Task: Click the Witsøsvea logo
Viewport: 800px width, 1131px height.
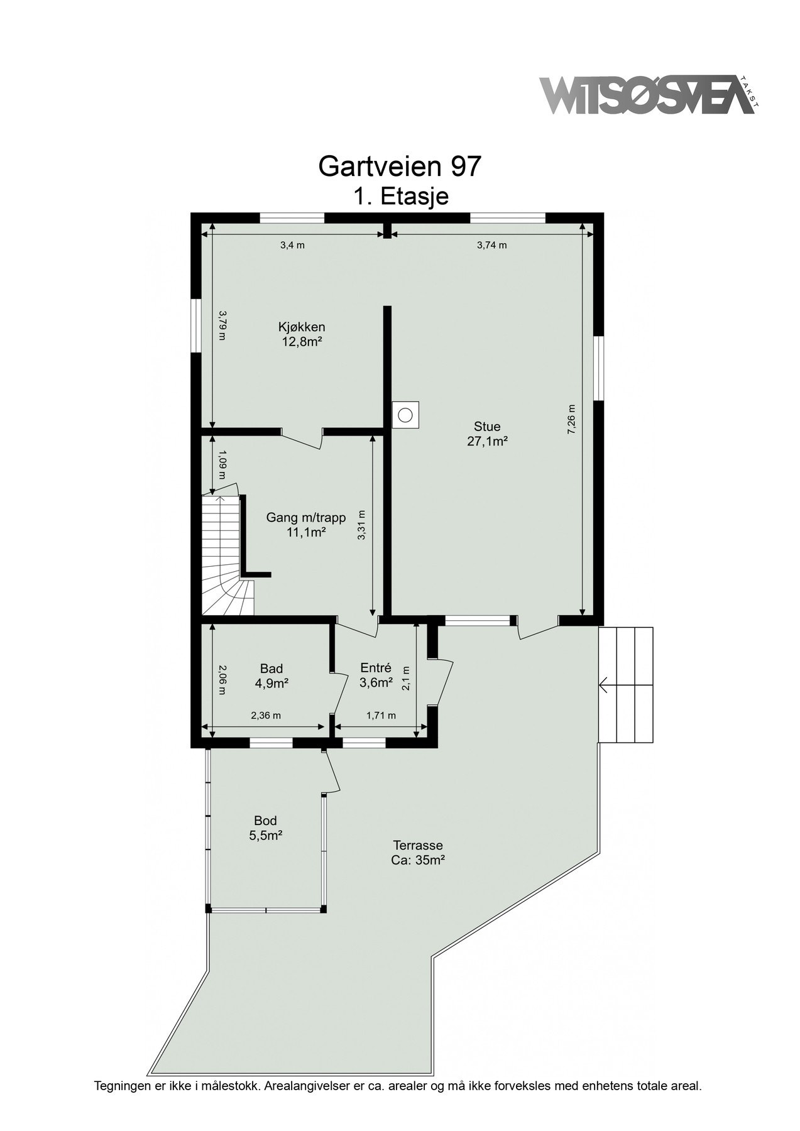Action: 647,96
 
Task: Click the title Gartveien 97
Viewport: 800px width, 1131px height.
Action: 400,166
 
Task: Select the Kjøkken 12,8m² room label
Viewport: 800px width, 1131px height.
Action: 302,334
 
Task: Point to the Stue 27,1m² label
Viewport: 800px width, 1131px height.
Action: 487,434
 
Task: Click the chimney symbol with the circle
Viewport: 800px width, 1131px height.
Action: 405,415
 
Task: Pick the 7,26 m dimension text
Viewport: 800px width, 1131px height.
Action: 571,419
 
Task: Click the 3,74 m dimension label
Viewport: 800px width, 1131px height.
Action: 491,245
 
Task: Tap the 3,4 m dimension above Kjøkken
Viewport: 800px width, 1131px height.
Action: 292,245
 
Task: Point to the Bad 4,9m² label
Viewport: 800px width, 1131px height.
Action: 271,675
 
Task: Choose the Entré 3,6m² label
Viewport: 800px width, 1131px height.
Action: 376,675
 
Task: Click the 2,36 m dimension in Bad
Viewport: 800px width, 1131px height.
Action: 265,715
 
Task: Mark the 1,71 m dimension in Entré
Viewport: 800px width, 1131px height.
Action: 381,715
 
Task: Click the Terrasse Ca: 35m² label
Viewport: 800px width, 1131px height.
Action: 418,853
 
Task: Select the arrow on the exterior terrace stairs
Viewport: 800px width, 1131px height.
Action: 605,685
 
